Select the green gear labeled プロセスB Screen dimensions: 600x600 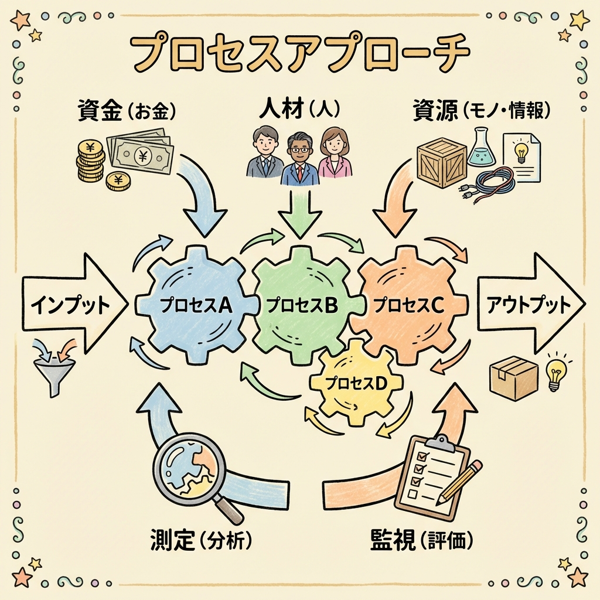coord(301,305)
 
